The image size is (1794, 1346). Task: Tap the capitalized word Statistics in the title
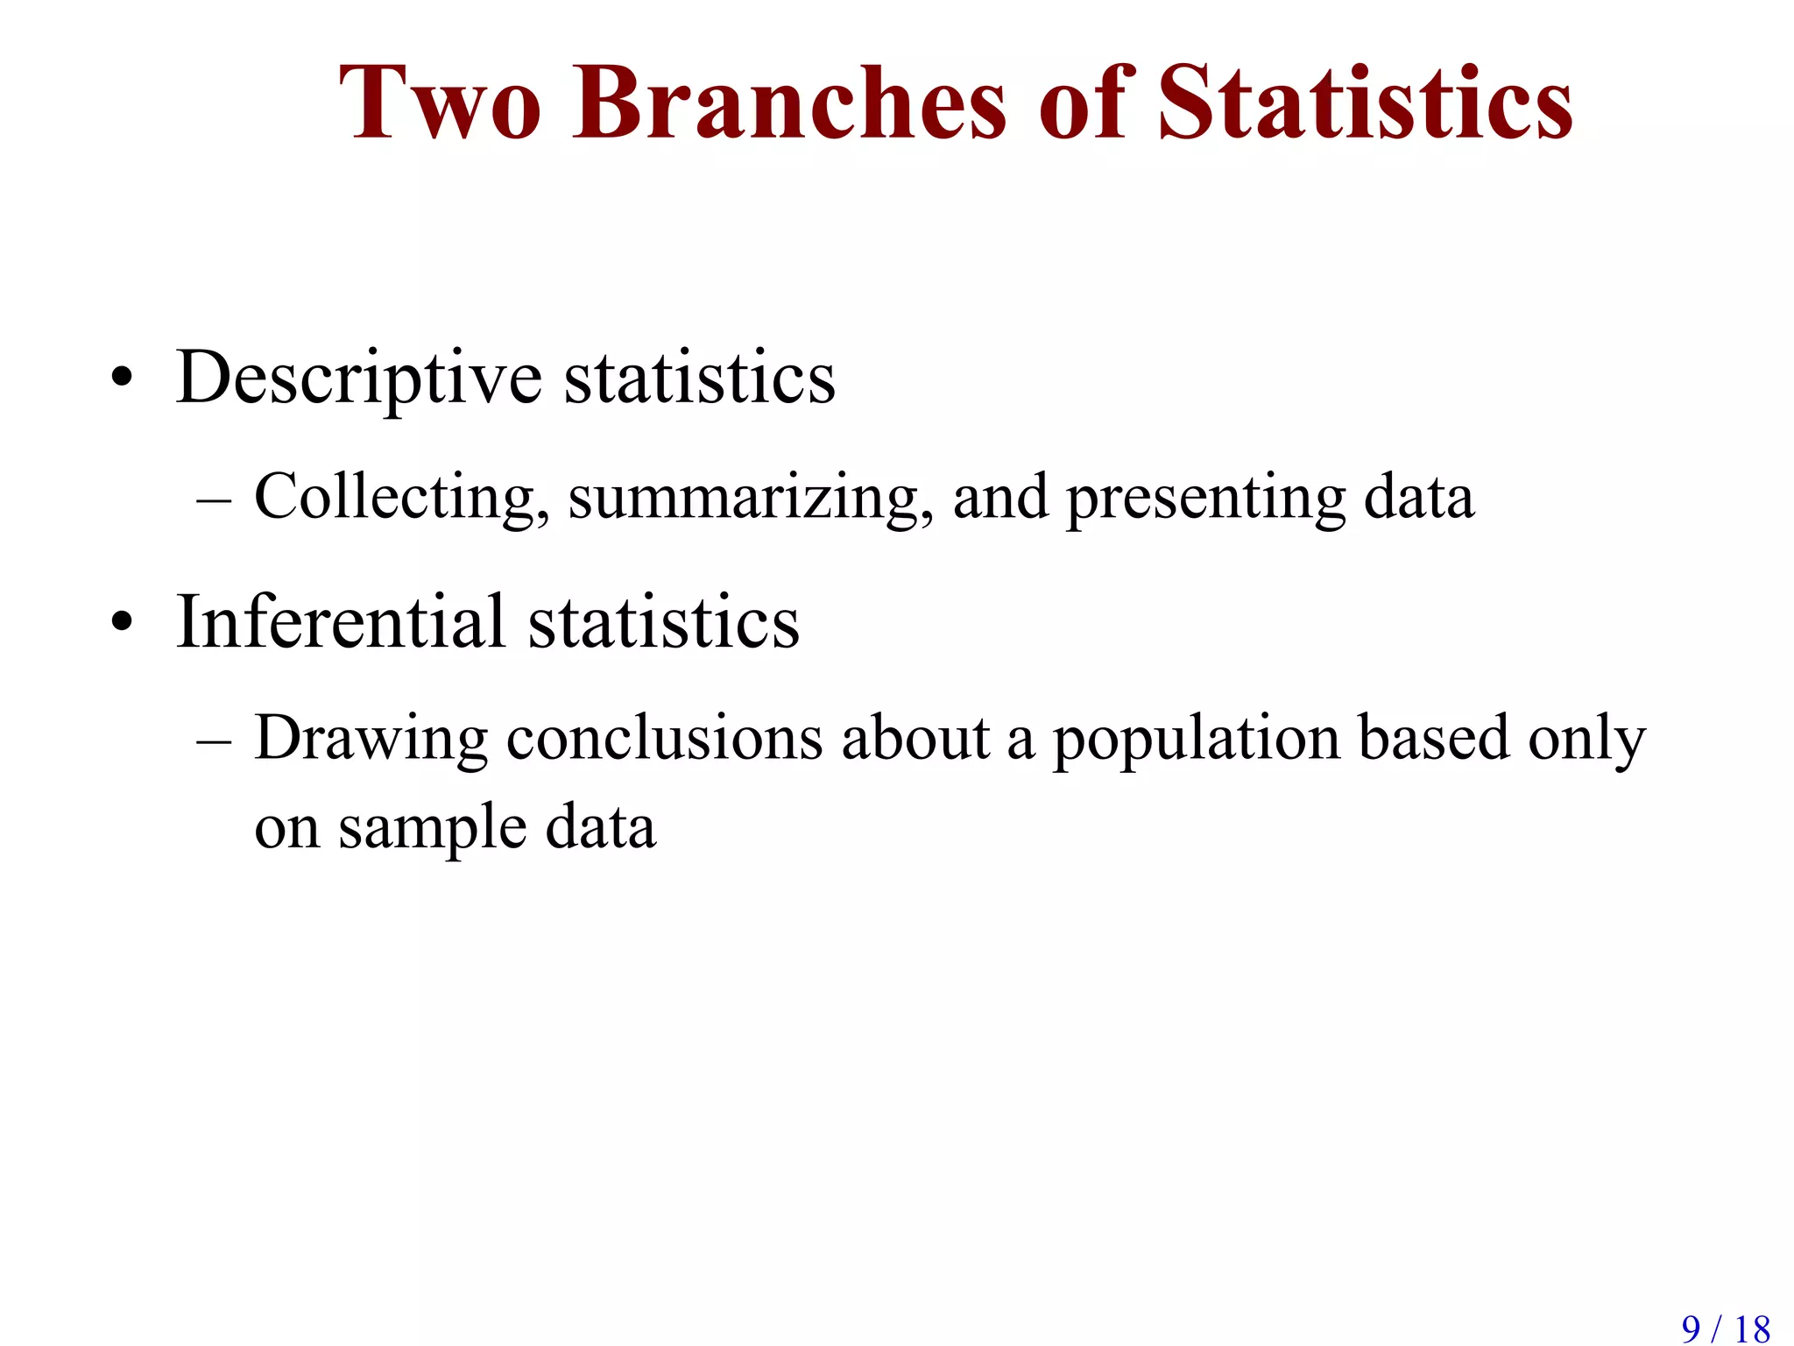click(1366, 103)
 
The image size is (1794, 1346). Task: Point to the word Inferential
click(341, 622)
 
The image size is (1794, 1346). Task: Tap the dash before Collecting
click(214, 500)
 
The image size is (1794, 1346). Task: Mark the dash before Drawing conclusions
click(214, 741)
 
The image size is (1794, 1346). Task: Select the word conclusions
click(664, 738)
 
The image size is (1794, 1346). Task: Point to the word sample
click(433, 829)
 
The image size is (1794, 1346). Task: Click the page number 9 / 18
click(1725, 1328)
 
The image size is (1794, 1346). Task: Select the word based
click(1434, 738)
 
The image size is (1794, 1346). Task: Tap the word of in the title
click(1083, 103)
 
